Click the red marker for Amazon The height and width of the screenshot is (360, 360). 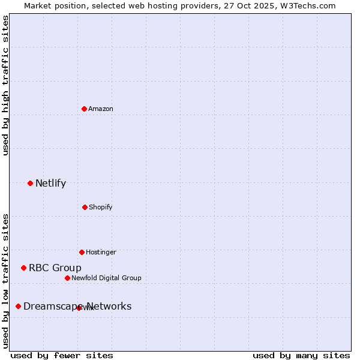[85, 109]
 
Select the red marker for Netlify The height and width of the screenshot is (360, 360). [30, 183]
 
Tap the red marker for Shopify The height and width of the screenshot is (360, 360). [85, 207]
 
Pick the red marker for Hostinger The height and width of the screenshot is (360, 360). [82, 252]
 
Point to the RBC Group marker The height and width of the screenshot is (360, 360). [23, 268]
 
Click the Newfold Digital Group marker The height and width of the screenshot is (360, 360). [67, 278]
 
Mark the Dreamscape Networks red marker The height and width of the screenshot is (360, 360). [18, 306]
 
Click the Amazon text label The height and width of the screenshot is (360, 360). [101, 109]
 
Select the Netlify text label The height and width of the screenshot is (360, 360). [50, 184]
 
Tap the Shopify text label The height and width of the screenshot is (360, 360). [101, 207]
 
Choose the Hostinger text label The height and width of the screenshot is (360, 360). [101, 252]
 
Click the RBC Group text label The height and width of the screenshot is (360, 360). [55, 268]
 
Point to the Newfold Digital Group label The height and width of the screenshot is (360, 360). [106, 278]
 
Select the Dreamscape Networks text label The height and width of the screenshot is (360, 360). [77, 307]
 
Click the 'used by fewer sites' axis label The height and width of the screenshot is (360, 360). [62, 355]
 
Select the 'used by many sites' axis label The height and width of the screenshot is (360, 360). [301, 355]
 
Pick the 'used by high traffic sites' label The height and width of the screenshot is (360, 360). [5, 85]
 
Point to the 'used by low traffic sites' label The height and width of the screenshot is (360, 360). [5, 280]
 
